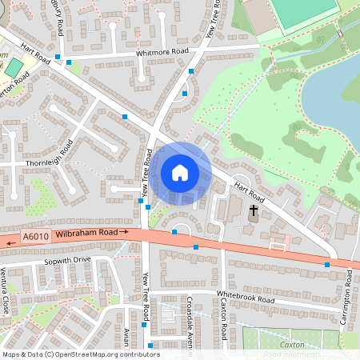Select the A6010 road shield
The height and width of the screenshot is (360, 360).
click(x=36, y=237)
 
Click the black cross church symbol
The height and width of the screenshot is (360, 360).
click(x=254, y=212)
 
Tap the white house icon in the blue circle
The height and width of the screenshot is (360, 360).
click(x=180, y=173)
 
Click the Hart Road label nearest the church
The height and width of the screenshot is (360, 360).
click(x=248, y=190)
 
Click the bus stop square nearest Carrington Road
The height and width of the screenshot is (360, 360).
click(x=326, y=264)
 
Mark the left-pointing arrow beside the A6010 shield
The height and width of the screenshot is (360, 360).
click(x=12, y=238)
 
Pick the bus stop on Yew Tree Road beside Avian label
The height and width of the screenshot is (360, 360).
click(x=144, y=325)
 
